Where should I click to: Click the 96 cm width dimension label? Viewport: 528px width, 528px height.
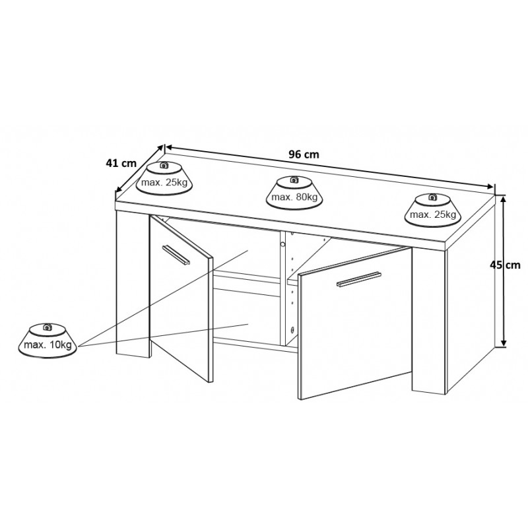click(304, 154)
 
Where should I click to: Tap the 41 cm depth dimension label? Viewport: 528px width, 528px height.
click(121, 163)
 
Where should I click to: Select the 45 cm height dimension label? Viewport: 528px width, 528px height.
click(505, 265)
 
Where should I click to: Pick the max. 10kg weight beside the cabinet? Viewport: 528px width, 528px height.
click(48, 341)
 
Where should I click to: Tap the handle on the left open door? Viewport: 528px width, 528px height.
click(176, 255)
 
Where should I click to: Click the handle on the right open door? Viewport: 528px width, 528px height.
click(359, 279)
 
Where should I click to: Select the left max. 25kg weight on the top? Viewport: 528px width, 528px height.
click(164, 178)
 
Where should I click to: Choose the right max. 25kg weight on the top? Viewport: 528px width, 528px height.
click(433, 211)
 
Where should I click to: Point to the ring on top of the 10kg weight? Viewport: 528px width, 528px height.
click(48, 327)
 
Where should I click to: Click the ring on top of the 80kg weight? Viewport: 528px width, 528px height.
click(294, 179)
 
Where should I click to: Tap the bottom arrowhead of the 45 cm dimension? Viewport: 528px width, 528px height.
click(504, 343)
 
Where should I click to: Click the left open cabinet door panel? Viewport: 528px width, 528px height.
click(181, 298)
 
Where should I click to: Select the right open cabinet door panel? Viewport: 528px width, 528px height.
click(355, 323)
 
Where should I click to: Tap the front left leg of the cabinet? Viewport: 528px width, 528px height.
click(133, 284)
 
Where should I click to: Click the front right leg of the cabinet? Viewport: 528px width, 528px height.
click(430, 321)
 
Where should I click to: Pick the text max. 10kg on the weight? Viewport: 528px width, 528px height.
click(48, 345)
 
